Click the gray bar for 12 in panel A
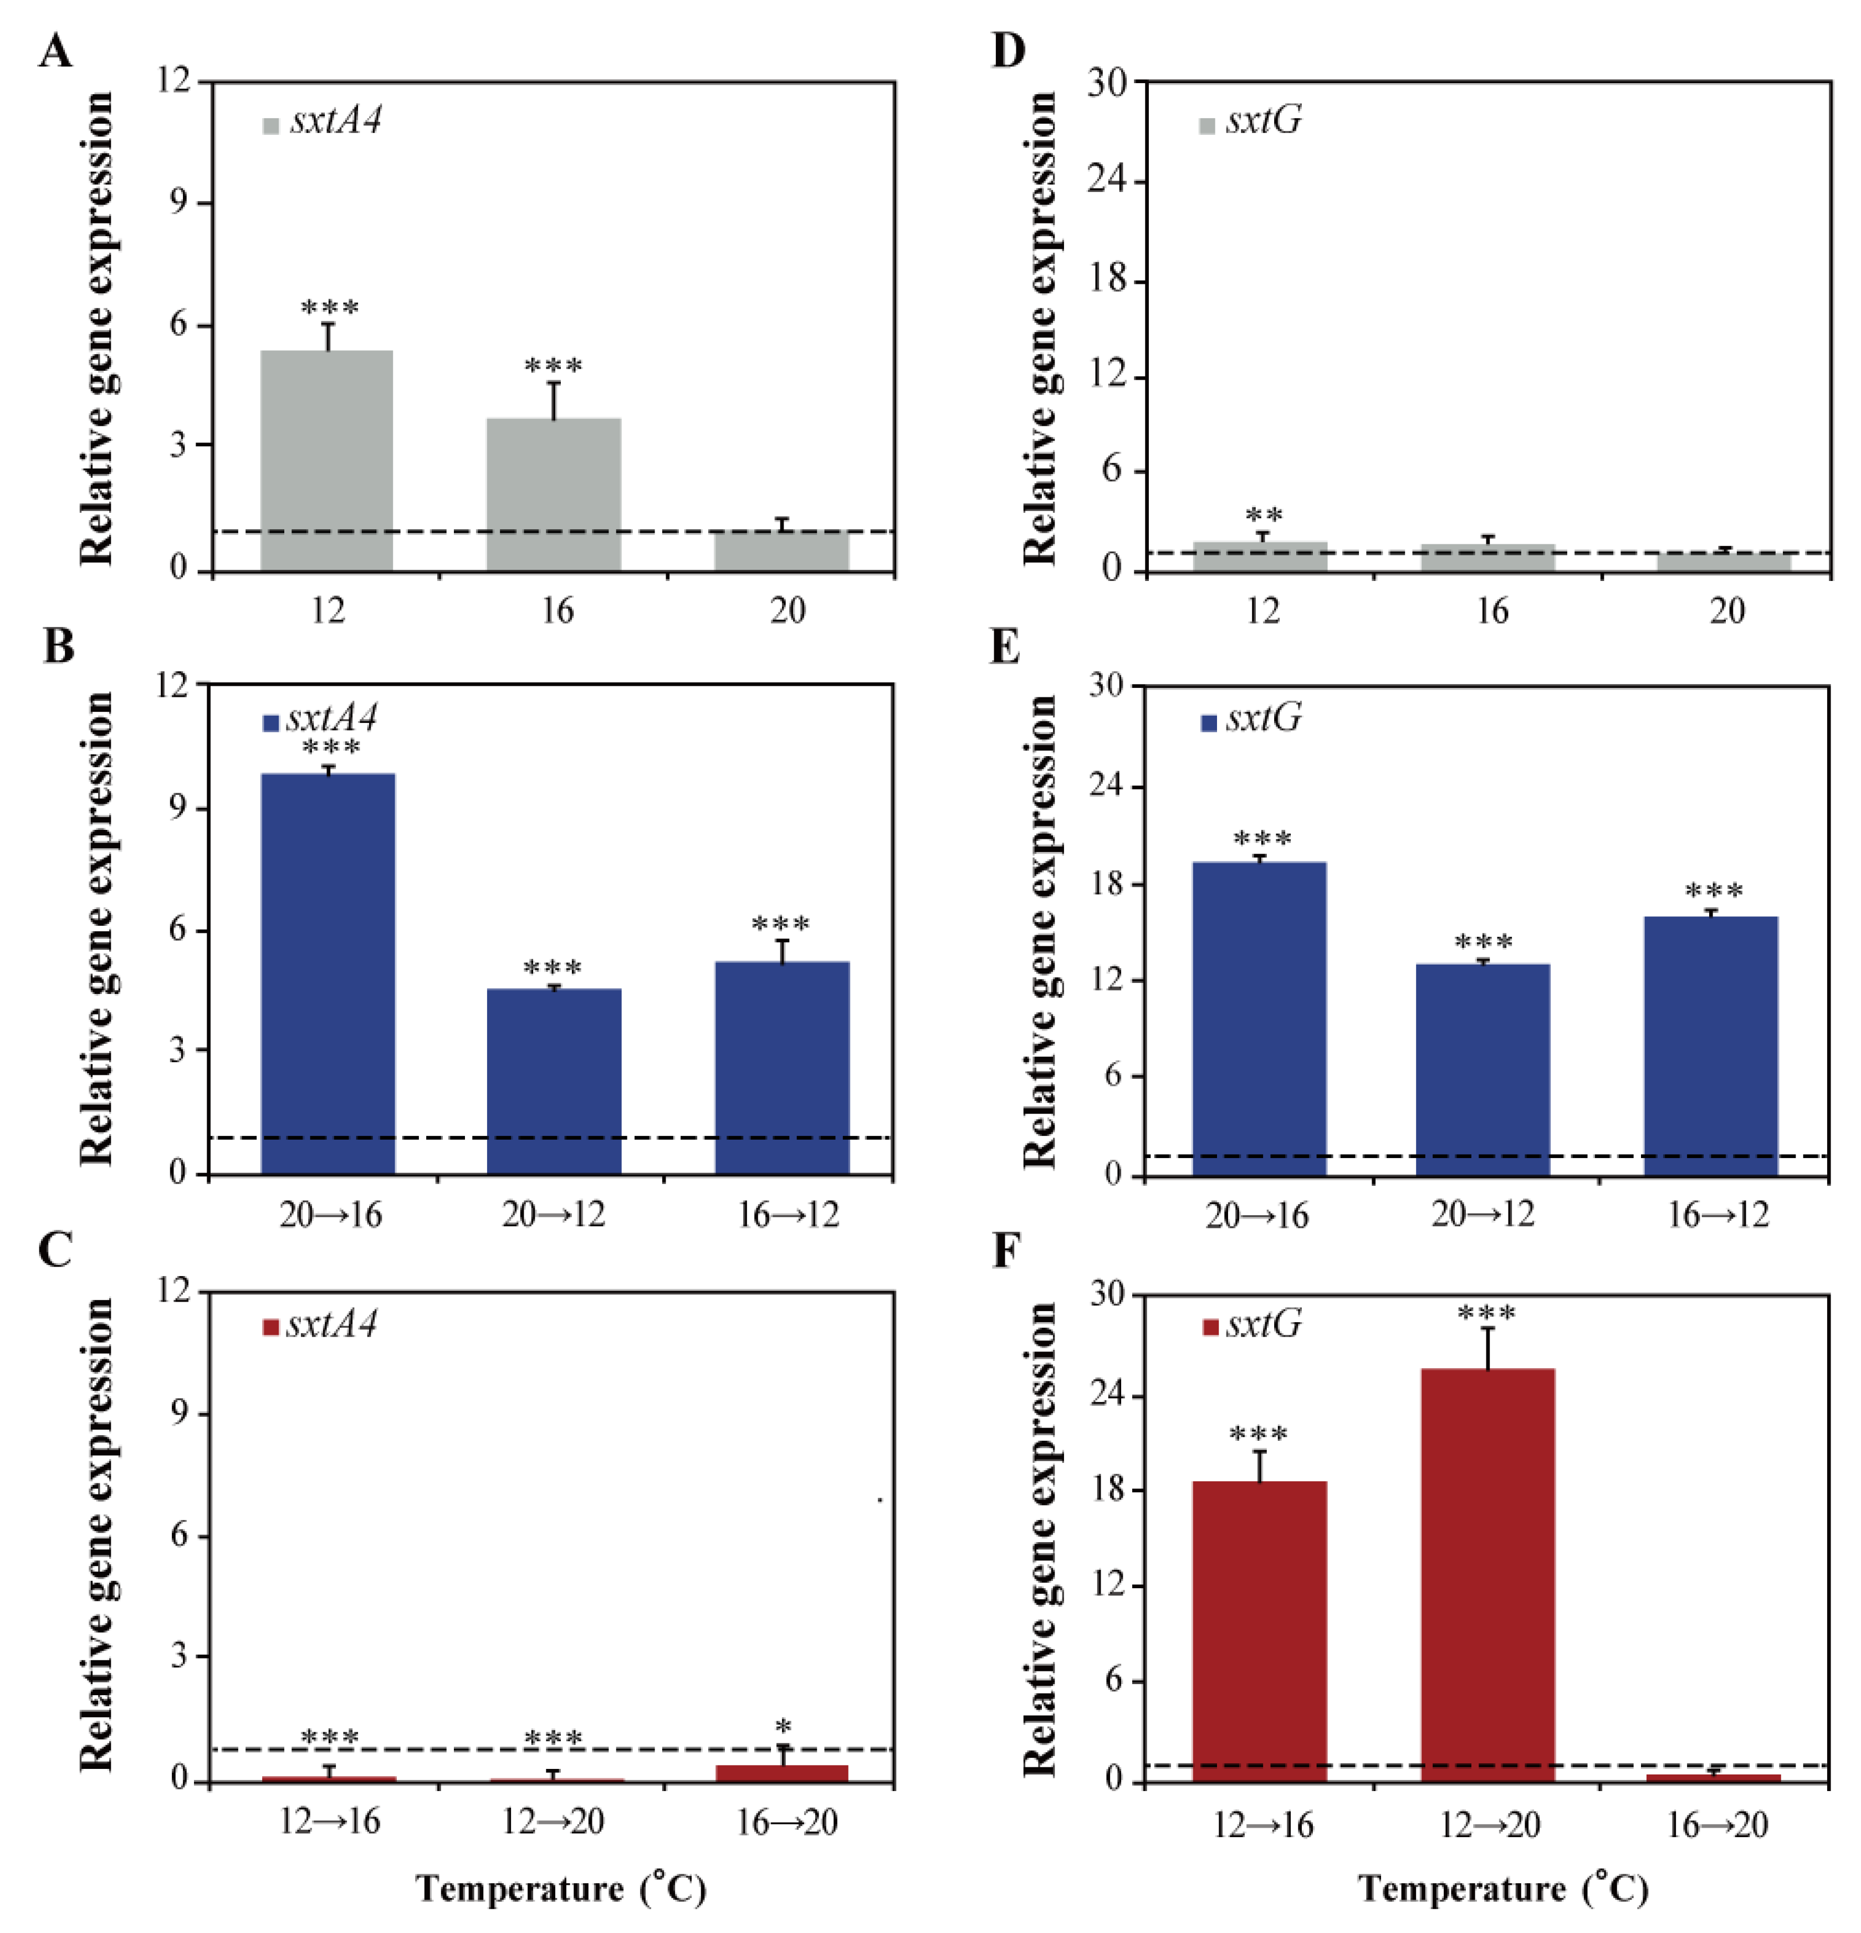(326, 461)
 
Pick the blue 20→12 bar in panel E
(1482, 1069)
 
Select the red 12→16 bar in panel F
(1259, 1631)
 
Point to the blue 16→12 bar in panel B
(782, 1068)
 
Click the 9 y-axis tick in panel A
(177, 202)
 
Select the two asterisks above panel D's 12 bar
(1264, 516)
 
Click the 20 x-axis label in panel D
(1727, 611)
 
